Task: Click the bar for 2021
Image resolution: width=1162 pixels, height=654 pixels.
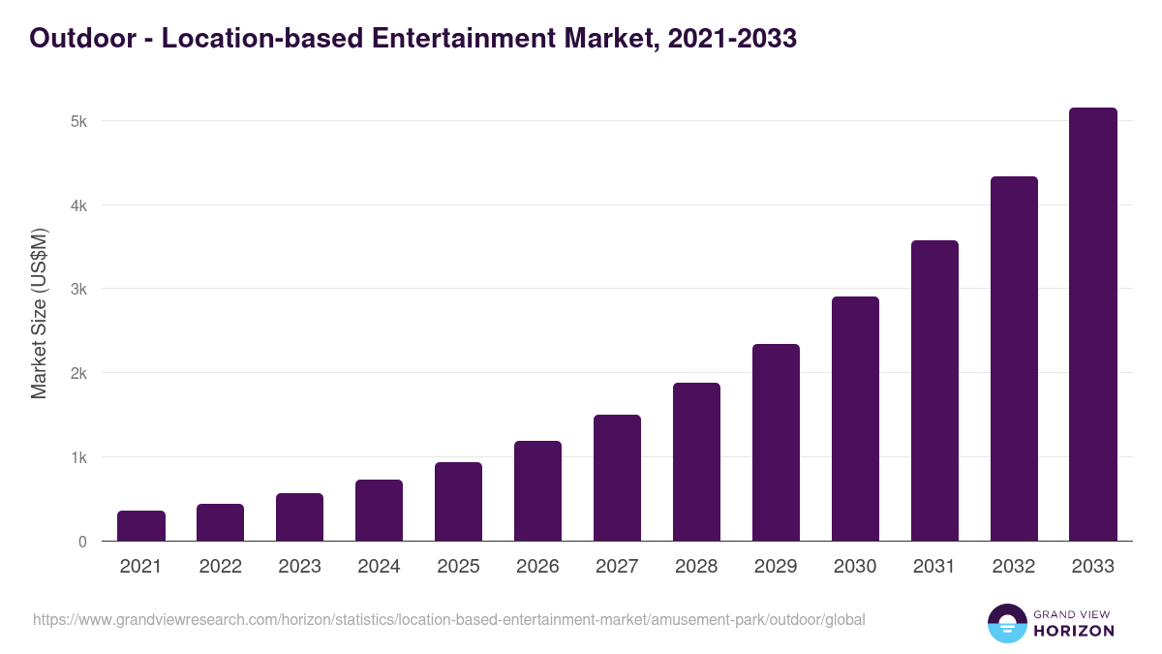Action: coord(141,526)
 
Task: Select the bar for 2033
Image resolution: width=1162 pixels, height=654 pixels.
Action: coord(1093,325)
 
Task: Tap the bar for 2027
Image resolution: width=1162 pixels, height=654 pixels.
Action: coord(617,478)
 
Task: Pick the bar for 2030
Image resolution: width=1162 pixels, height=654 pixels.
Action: coord(855,419)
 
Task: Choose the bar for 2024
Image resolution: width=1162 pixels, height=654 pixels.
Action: coord(379,511)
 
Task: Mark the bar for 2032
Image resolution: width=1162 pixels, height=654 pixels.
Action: coord(1014,358)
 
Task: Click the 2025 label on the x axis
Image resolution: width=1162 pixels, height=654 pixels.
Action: coord(458,567)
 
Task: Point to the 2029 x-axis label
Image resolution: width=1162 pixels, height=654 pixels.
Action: coord(776,567)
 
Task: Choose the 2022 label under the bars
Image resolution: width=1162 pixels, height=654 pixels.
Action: coord(220,567)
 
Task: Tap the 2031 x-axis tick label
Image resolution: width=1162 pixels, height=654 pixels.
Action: coord(934,567)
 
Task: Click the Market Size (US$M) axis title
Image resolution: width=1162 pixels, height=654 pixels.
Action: coord(39,313)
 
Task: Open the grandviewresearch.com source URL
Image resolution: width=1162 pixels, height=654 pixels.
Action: coord(449,620)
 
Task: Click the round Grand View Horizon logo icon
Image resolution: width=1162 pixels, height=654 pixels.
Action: coord(1007,623)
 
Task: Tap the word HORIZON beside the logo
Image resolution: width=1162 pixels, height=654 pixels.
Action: coord(1075,631)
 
